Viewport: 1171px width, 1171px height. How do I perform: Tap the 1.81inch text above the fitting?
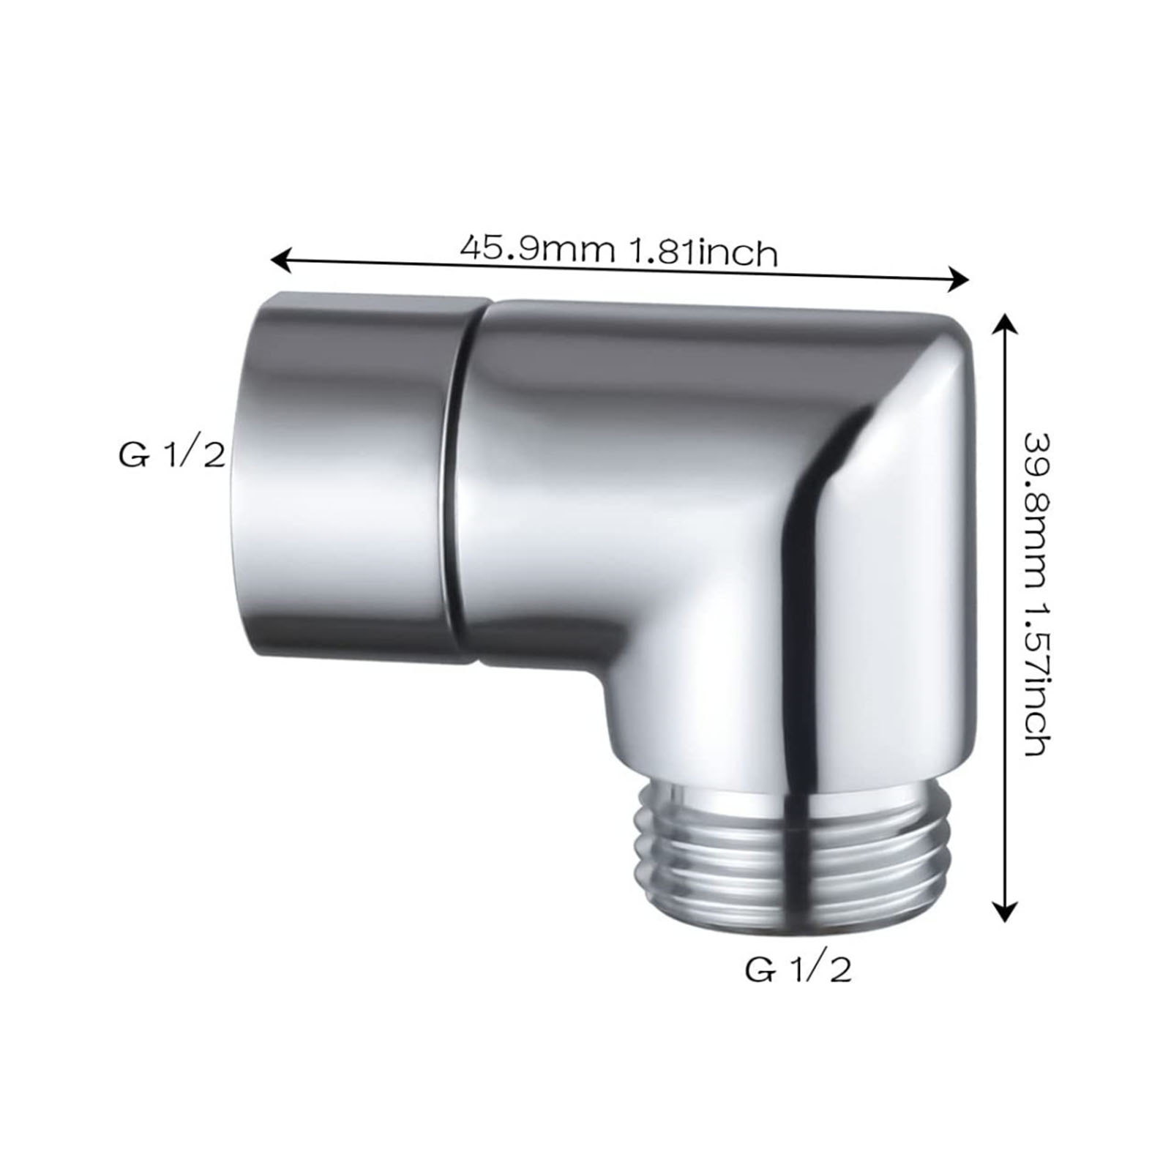point(701,253)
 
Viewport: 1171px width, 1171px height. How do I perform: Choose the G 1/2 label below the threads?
point(798,970)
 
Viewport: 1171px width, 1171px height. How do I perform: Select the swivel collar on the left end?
point(351,476)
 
